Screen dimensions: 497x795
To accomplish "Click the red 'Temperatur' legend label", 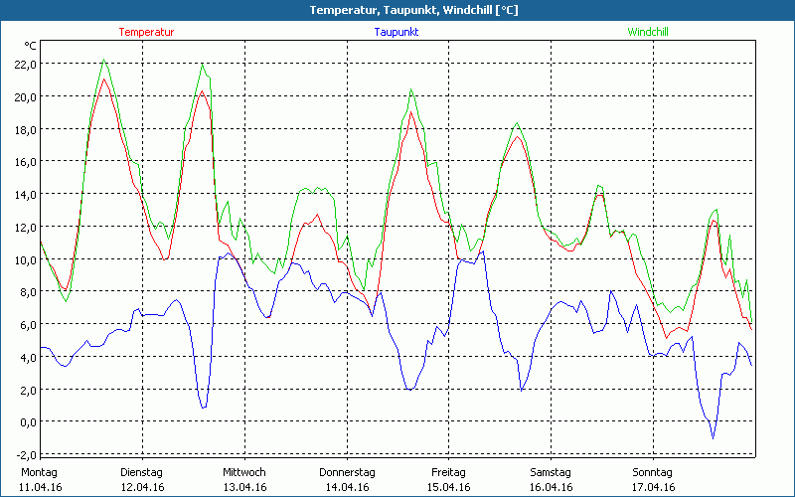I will point(146,32).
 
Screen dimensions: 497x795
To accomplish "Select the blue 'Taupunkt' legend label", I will point(397,32).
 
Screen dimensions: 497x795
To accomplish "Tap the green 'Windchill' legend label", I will point(647,32).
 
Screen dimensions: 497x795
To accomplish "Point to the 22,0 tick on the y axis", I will point(25,64).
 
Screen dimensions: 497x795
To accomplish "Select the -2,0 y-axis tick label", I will point(25,454).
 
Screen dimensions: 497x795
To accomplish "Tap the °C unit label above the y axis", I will point(30,46).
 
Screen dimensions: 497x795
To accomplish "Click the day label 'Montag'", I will point(39,472).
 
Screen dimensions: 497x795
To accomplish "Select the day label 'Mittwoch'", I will point(243,472).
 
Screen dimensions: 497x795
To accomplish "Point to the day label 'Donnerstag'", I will point(347,472).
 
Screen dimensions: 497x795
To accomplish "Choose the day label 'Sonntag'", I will point(653,472).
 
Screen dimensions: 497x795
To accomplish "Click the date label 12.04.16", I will point(141,487).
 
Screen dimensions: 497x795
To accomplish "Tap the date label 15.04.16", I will point(448,487).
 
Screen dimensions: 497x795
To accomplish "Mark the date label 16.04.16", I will point(551,487).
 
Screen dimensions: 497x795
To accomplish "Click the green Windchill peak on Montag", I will point(103,61).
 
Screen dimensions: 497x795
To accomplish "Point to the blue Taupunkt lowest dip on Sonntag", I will point(713,437).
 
